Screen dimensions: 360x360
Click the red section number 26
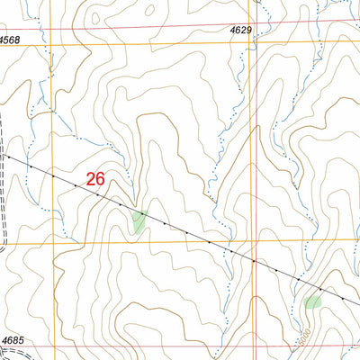click(x=96, y=179)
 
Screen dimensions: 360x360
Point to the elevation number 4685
click(x=13, y=339)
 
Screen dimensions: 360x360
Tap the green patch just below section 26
click(x=138, y=220)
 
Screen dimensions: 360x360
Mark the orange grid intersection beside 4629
click(x=252, y=43)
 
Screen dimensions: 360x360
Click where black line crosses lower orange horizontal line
click(x=211, y=242)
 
